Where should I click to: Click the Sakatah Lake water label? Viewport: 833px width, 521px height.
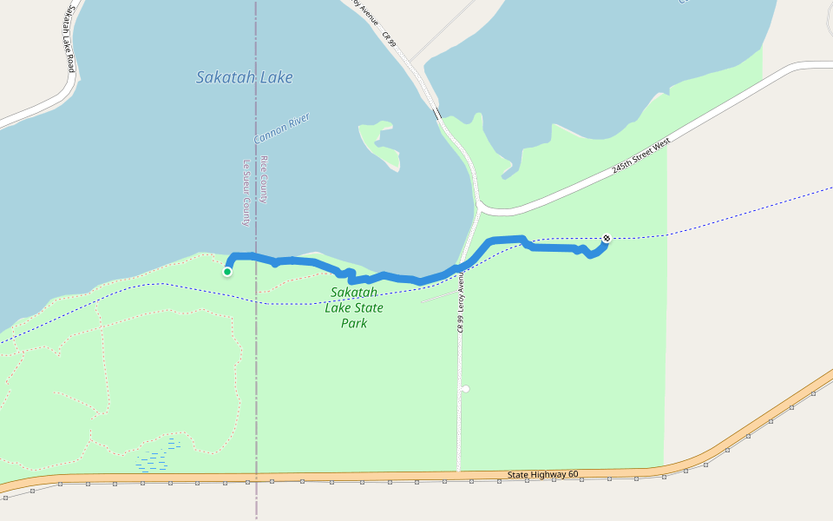[244, 77]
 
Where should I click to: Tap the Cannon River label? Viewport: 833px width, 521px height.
[281, 129]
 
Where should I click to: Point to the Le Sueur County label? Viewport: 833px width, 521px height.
[246, 192]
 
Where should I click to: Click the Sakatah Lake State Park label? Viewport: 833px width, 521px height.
[354, 307]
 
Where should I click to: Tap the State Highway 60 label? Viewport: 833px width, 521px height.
[542, 474]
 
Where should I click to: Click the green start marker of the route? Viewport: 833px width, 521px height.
[227, 272]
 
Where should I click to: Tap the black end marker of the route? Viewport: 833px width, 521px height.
[607, 238]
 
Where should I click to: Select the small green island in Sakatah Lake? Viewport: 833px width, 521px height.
[381, 142]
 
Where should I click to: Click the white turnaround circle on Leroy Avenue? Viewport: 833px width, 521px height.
[465, 388]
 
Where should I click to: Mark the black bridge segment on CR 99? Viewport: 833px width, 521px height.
[436, 113]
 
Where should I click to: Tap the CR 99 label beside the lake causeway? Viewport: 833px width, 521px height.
[388, 38]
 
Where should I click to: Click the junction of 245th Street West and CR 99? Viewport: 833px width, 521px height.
[480, 208]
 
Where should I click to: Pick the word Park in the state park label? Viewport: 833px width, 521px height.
[354, 323]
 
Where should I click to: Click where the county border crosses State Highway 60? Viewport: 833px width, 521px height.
[256, 478]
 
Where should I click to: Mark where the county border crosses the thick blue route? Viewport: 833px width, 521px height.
[256, 256]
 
